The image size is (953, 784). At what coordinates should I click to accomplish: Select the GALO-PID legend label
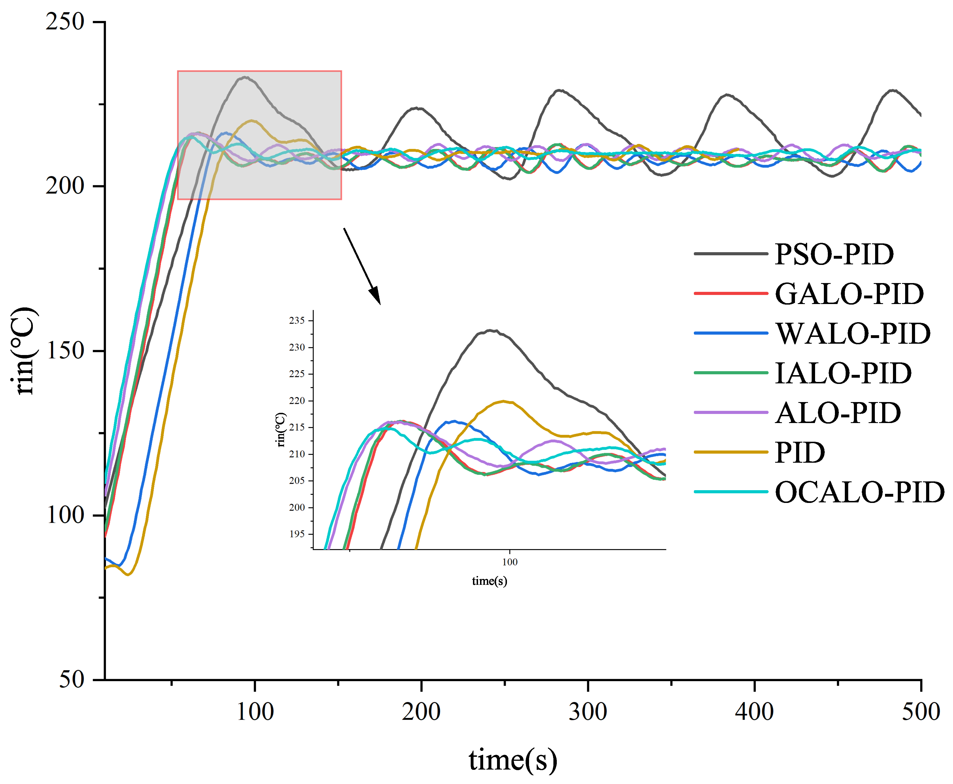coord(849,294)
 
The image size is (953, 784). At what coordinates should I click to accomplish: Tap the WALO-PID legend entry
coord(853,334)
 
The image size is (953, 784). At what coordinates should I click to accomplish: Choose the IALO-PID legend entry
coord(843,373)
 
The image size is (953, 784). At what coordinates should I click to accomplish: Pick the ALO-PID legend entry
coord(838,413)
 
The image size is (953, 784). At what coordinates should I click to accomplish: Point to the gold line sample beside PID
coord(730,452)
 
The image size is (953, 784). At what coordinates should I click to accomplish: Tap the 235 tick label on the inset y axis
coord(297,321)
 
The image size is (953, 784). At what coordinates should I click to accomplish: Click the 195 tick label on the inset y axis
coord(297,534)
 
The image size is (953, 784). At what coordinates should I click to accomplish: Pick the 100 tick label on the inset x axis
coord(510,562)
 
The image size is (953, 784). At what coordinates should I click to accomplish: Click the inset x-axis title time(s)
coord(489,581)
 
